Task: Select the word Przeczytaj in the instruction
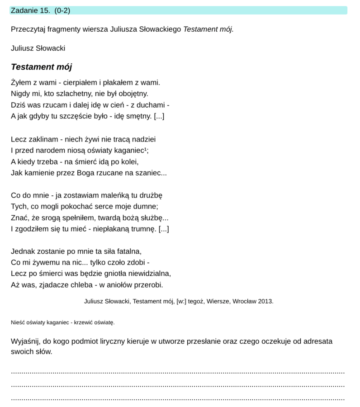28,29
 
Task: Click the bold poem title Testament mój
41,67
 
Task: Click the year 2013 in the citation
265,301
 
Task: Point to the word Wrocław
244,301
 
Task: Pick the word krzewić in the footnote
84,322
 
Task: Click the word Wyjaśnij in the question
24,341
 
